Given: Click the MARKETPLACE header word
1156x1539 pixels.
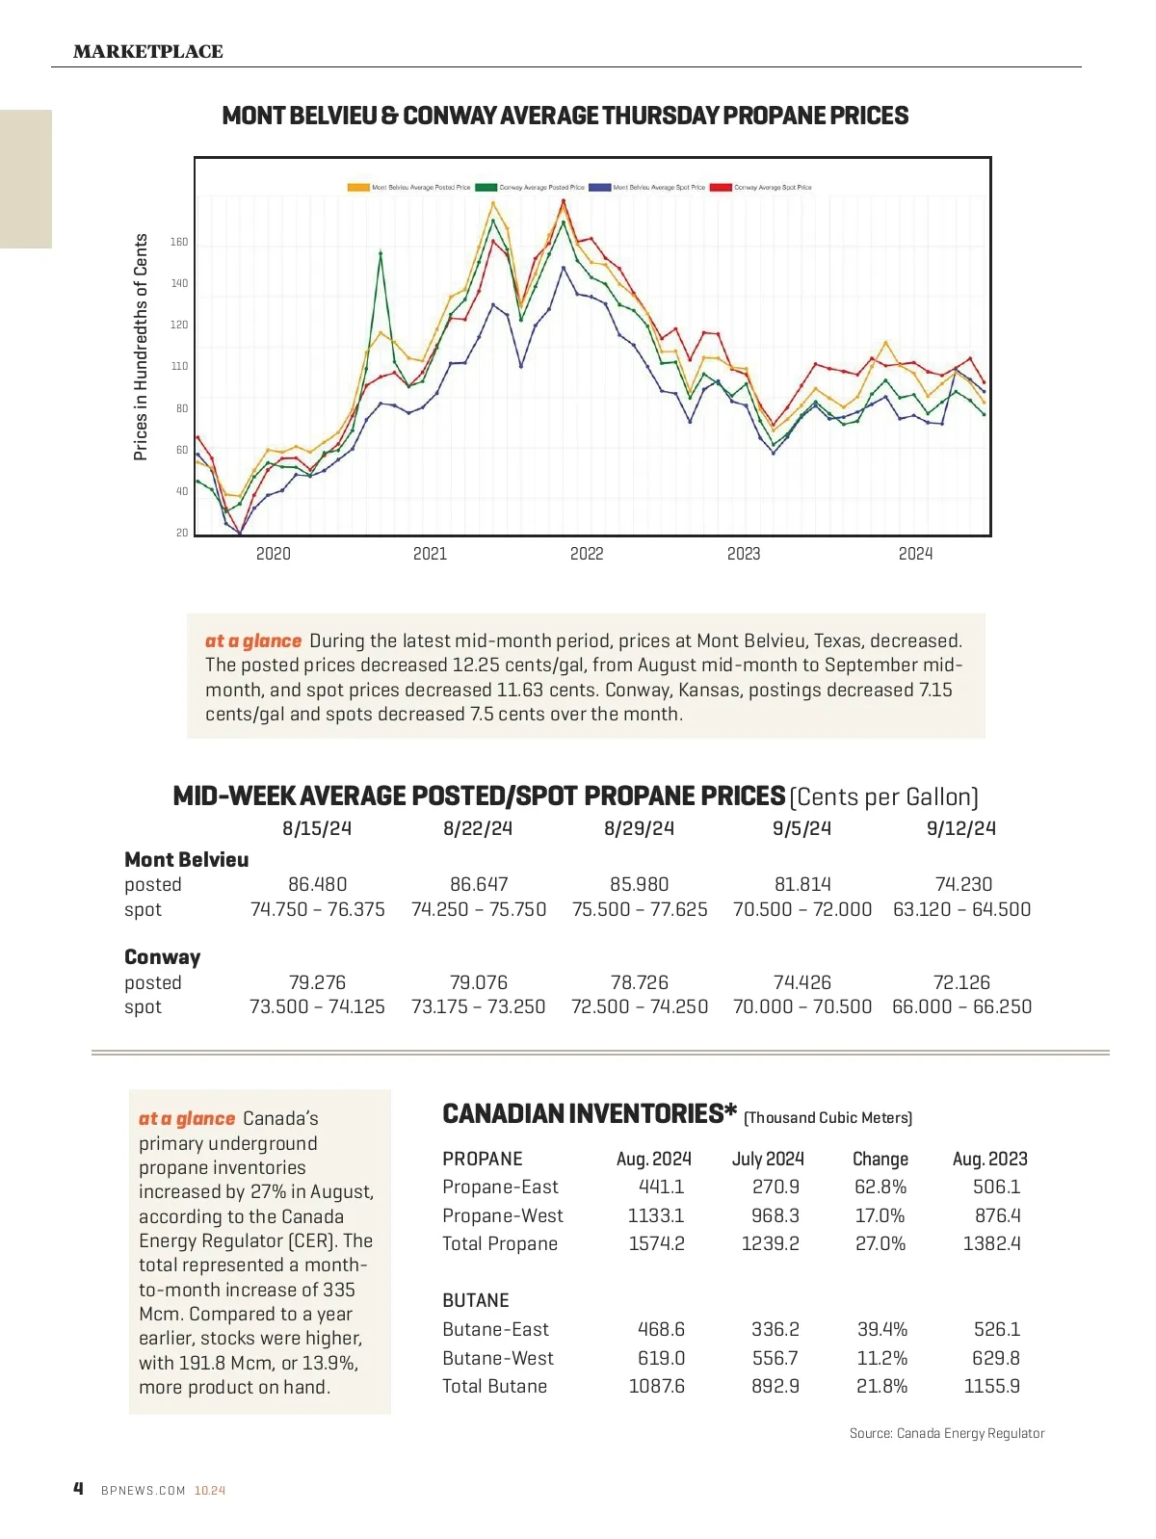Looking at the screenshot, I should [147, 52].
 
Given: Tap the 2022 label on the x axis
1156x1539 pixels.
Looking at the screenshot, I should [587, 554].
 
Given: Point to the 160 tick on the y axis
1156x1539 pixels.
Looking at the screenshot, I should [179, 242].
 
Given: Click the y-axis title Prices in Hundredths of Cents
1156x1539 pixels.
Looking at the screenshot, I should [141, 347].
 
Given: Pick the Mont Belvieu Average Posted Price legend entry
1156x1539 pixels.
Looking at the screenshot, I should [409, 188].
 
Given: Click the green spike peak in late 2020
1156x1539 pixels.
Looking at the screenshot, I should [381, 253].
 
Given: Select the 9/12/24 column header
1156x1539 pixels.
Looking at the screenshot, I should [960, 828].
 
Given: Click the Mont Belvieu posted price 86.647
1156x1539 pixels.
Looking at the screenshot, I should [479, 884].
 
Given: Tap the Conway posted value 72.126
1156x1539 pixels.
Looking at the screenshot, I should [961, 982].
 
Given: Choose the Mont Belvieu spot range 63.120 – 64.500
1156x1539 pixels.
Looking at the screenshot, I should [961, 909].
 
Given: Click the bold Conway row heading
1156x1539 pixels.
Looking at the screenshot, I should [163, 957].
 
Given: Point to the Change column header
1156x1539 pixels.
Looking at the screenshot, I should [880, 1159].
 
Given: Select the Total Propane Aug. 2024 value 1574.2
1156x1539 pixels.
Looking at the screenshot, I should [656, 1243].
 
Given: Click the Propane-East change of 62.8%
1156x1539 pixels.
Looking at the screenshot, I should [880, 1187].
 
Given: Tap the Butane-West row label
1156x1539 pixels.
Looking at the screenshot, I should [498, 1358].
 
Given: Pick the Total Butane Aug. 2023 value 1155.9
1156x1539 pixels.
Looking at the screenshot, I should [991, 1386].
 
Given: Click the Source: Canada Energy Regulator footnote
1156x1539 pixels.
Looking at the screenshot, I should [946, 1433].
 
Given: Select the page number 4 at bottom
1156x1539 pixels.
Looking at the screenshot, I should [78, 1489].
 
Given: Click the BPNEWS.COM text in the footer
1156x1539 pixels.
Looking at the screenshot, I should [143, 1490].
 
